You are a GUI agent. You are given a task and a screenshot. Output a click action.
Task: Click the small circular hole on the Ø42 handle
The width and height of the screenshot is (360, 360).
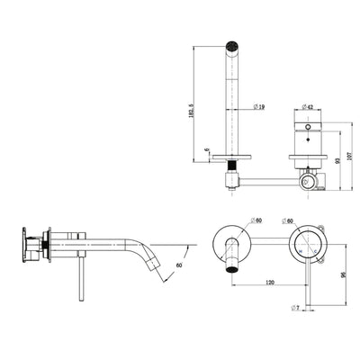coord(308,130)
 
